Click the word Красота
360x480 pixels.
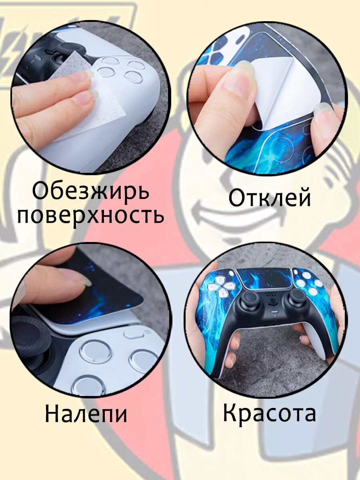coord(269,413)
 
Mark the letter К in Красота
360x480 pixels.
coord(231,413)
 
